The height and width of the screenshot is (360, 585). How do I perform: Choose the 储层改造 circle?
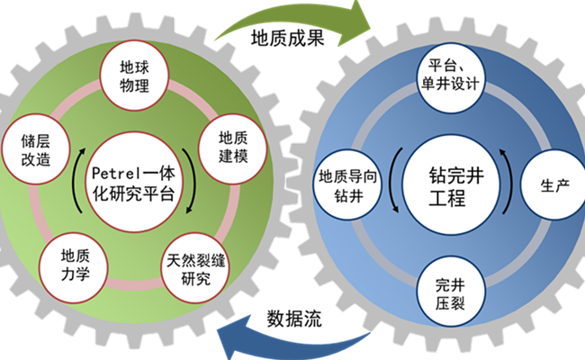pyautogui.click(x=33, y=149)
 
